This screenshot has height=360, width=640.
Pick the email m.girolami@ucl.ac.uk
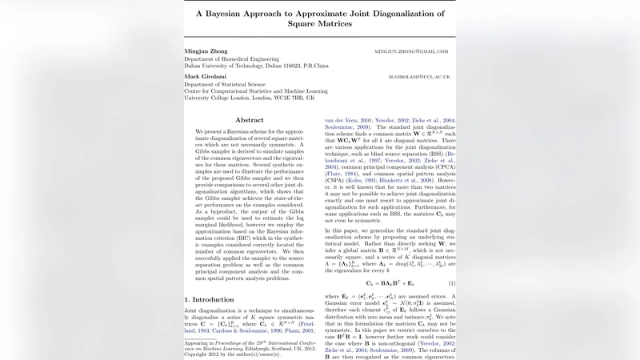419,77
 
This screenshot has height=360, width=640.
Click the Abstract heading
249,119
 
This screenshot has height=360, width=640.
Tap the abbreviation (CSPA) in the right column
336,182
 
